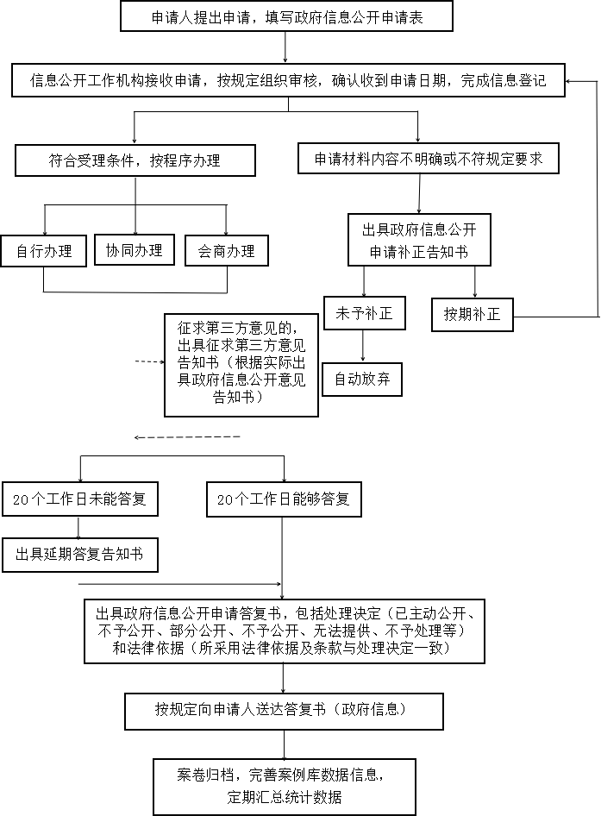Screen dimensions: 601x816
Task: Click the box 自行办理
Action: coord(44,251)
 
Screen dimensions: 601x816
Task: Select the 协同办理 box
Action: coord(135,250)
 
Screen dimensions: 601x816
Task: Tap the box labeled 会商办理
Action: coord(227,251)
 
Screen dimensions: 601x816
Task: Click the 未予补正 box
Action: coord(364,313)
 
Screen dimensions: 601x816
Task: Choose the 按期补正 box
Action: coord(472,314)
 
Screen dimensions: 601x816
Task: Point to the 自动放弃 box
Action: coord(362,379)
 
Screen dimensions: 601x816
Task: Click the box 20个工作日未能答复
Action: coord(79,499)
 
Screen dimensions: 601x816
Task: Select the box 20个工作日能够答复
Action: coord(284,499)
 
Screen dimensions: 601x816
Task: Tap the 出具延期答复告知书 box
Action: coord(79,555)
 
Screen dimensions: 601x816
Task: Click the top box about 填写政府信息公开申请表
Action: coord(287,16)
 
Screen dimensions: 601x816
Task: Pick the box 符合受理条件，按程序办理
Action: coord(135,160)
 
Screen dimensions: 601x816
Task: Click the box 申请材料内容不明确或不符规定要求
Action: coord(429,158)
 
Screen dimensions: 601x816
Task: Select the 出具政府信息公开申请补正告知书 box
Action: coord(419,240)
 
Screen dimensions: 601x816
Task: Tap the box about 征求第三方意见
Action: coord(241,365)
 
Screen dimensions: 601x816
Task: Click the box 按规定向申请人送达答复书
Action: coord(284,711)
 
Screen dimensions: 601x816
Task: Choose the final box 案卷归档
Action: coord(284,787)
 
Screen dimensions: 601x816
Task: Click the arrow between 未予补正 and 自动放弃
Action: coord(363,346)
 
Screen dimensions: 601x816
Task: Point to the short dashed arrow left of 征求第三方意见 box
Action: coord(150,361)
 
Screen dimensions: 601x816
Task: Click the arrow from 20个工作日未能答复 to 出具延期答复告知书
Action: coord(78,527)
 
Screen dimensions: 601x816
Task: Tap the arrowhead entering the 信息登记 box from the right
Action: coord(569,81)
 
